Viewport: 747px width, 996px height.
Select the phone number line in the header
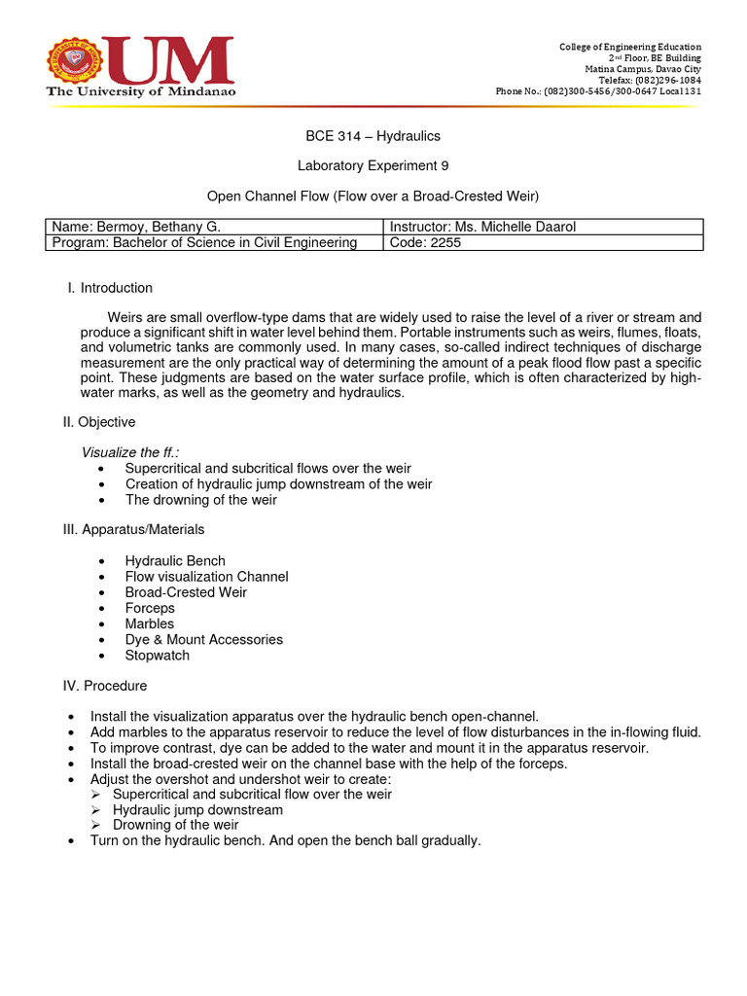tap(598, 91)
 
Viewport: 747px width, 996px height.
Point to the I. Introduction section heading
tap(109, 288)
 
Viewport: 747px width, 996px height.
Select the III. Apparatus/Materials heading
tap(133, 529)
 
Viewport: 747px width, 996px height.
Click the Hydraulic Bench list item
tap(175, 561)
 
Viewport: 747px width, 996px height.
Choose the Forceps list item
tap(150, 608)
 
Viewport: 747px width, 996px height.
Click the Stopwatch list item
tap(158, 655)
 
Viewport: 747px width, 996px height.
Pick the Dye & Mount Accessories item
tap(204, 639)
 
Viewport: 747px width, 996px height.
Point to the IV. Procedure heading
tap(105, 686)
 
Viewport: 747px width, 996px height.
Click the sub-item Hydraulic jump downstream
tap(198, 809)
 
